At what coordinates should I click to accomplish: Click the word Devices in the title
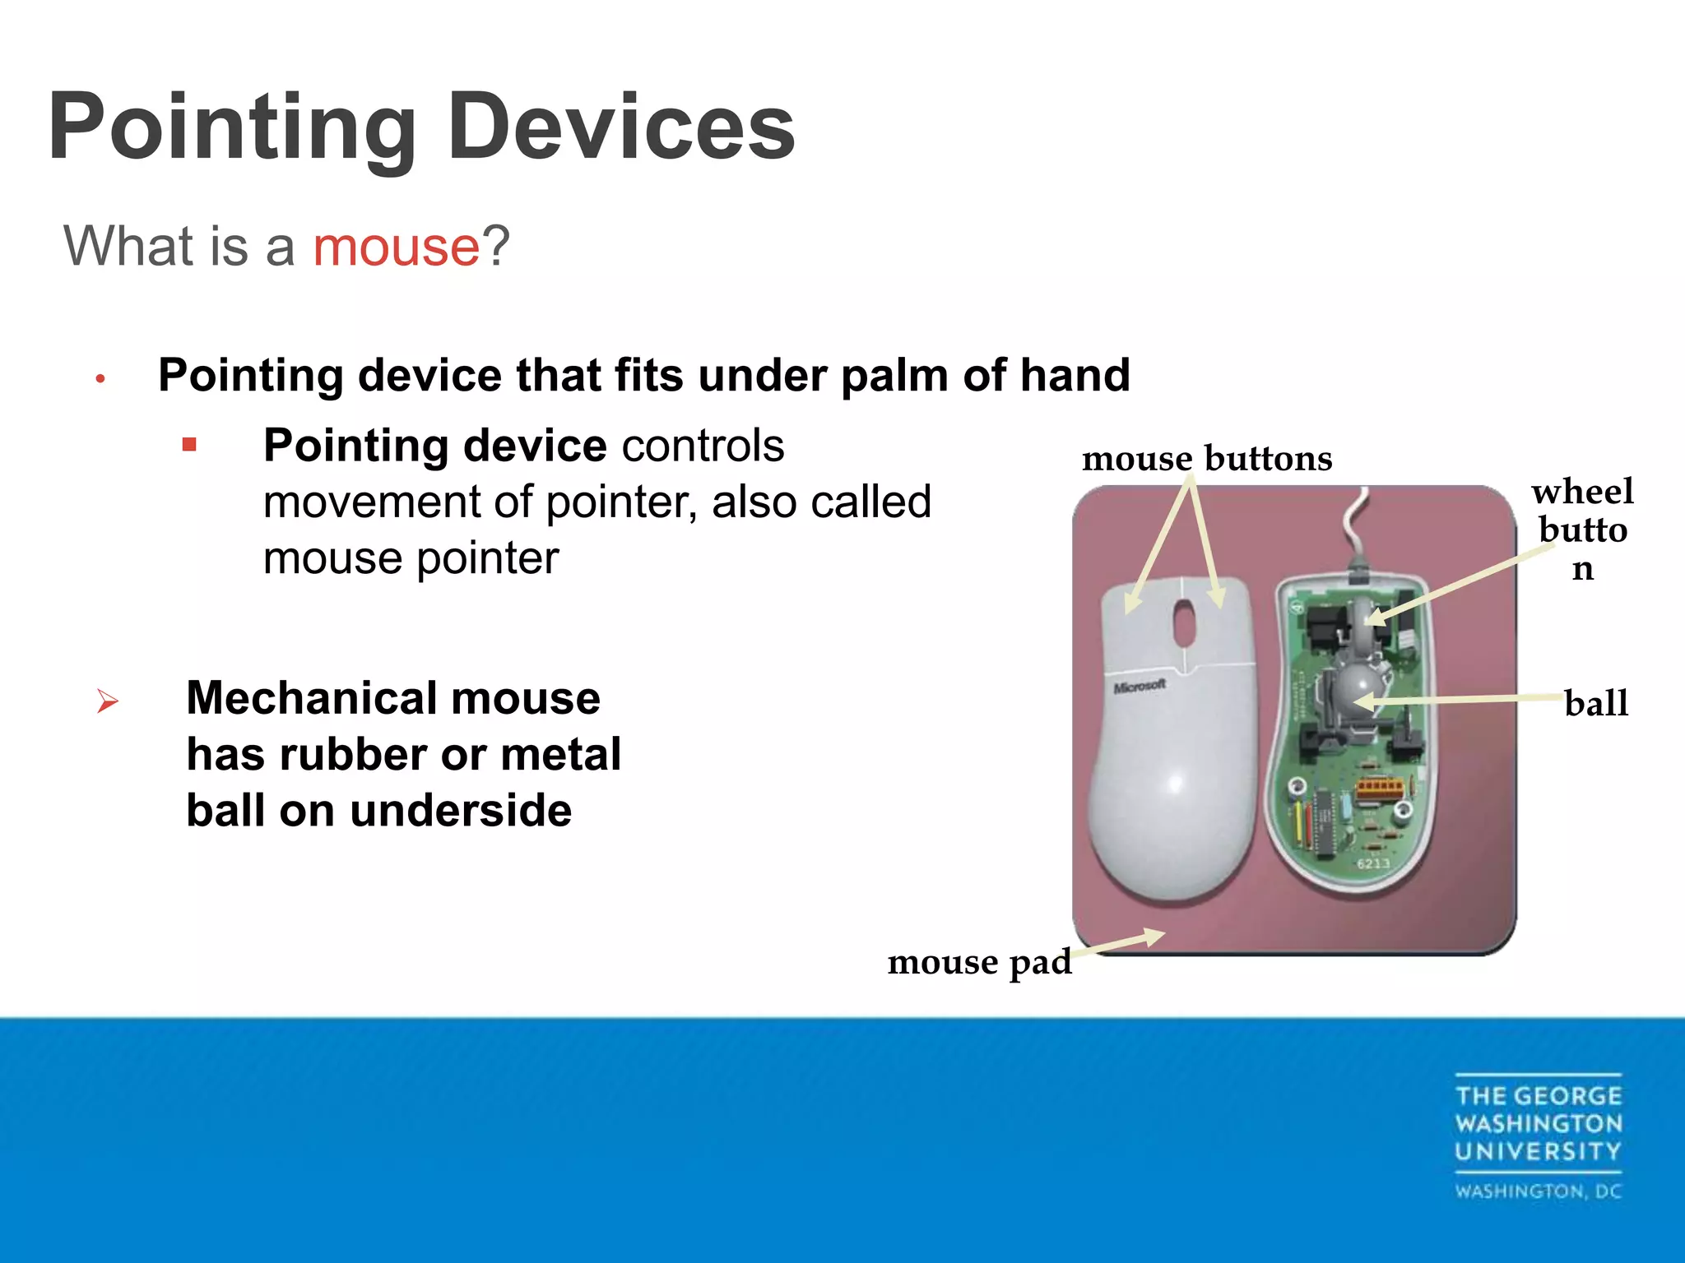tap(621, 127)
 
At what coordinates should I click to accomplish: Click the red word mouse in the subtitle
tap(396, 246)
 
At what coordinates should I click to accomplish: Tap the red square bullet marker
tap(190, 446)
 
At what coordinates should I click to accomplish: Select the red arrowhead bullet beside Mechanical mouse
tap(108, 701)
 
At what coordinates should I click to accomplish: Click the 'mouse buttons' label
tap(1206, 459)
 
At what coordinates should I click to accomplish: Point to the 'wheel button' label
tap(1582, 529)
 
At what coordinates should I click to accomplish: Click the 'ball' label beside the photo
tap(1595, 704)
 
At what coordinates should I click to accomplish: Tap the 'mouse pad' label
tap(979, 962)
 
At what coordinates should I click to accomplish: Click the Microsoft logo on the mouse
tap(1140, 686)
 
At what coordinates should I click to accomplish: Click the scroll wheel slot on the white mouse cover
tap(1185, 622)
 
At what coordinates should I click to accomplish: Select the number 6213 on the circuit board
tap(1373, 863)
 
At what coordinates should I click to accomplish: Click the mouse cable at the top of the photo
tap(1353, 526)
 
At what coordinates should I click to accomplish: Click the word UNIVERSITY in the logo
tap(1537, 1151)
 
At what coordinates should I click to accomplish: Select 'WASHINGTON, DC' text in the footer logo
tap(1537, 1191)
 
